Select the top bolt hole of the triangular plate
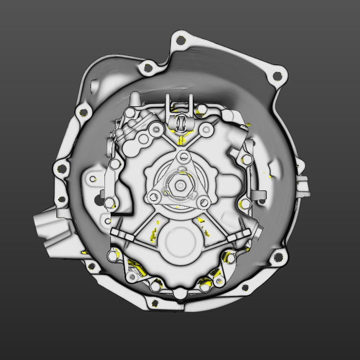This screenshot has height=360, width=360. tap(183, 157)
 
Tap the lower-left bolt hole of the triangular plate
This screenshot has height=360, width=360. tap(154, 196)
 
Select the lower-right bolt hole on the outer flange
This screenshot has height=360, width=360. tap(278, 257)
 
